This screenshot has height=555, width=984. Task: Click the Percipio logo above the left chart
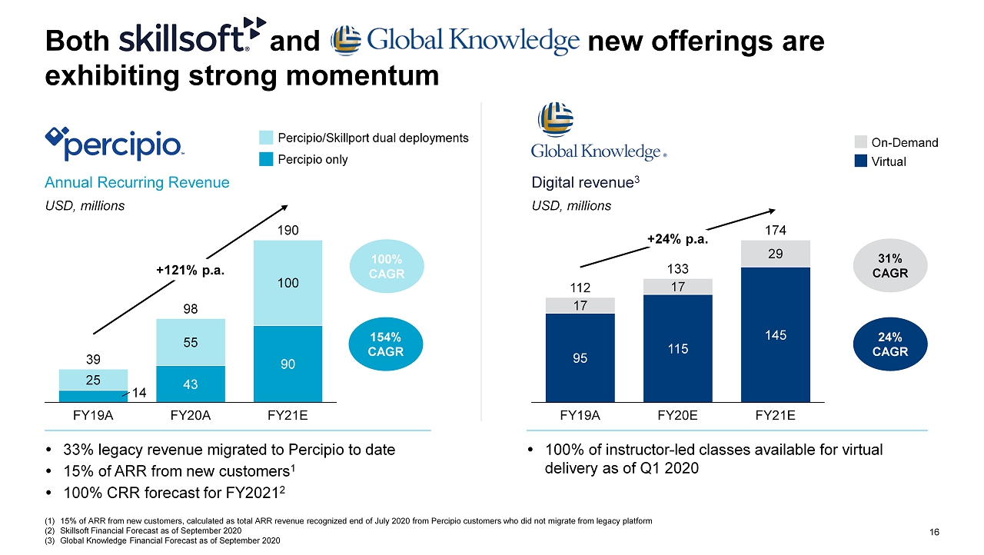[115, 144]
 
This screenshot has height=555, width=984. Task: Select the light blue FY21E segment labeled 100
[288, 283]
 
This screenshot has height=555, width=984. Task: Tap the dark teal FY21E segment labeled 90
[288, 364]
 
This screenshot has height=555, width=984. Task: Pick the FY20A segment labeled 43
[191, 384]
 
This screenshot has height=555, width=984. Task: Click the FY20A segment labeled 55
[191, 342]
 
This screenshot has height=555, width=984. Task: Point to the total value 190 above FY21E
[288, 230]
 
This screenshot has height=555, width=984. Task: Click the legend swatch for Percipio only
[266, 160]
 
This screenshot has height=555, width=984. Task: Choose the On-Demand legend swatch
[860, 142]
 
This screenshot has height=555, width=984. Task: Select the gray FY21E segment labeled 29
[775, 253]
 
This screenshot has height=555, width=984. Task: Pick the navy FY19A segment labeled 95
[580, 357]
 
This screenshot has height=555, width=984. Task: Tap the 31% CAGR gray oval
[893, 265]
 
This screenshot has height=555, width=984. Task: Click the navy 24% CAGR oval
[893, 344]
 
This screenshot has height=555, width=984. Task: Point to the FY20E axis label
[677, 416]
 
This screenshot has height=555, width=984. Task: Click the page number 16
[935, 532]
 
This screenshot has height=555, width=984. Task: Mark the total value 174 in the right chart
[775, 230]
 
